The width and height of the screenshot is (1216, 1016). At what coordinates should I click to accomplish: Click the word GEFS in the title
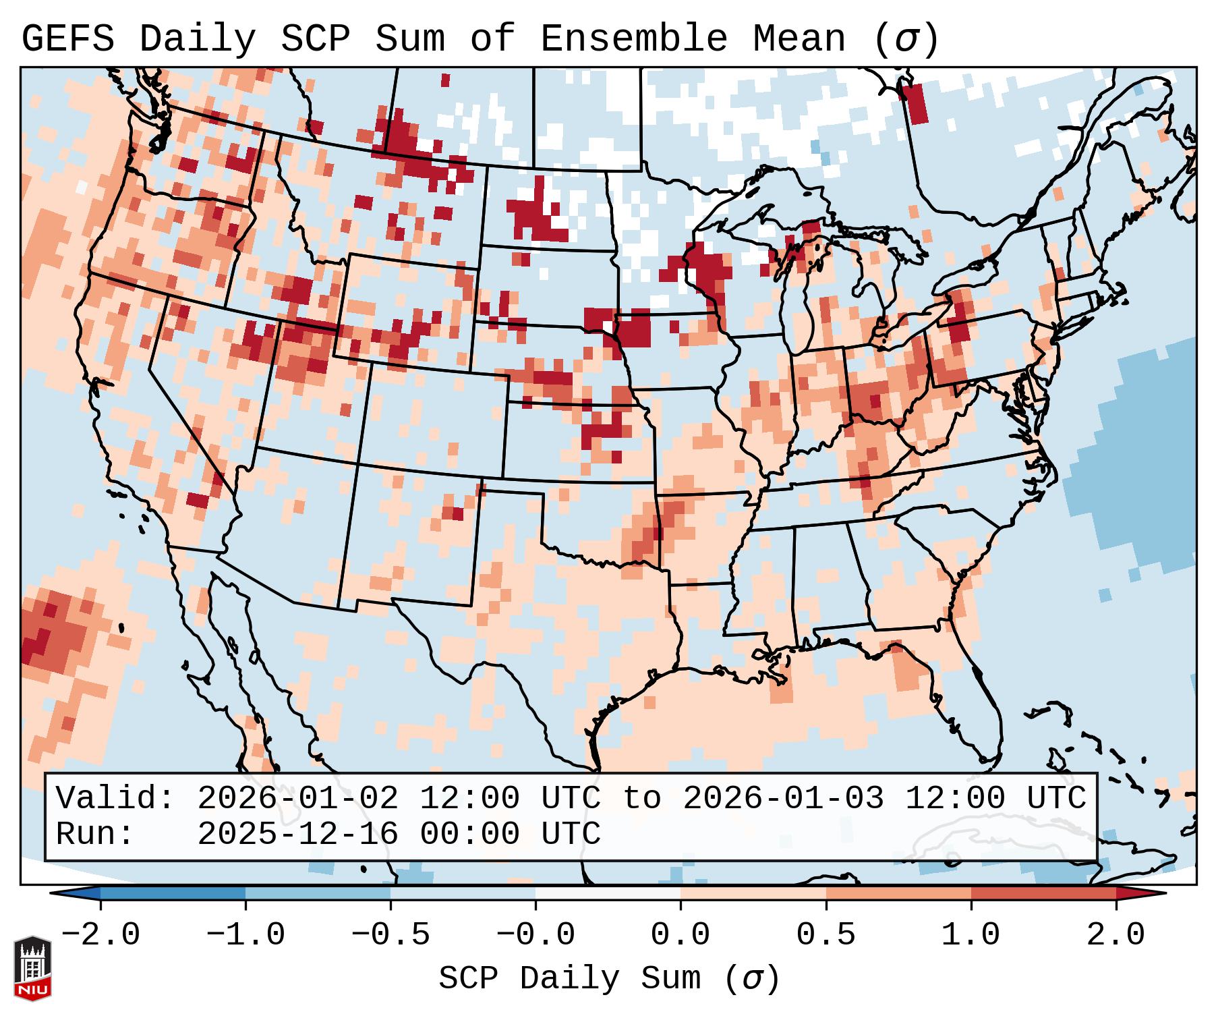68,39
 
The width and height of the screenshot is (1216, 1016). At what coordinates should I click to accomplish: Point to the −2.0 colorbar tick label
100,935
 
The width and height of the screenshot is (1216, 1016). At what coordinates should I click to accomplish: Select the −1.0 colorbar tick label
245,935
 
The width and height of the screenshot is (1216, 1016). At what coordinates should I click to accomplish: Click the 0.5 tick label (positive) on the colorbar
826,935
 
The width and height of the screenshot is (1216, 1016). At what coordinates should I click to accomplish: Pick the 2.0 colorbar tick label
1116,935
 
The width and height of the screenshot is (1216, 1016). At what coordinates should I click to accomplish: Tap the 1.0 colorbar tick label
971,935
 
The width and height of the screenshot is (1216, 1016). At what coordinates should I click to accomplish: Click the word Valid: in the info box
115,799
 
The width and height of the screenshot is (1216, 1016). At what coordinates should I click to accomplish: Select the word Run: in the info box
95,834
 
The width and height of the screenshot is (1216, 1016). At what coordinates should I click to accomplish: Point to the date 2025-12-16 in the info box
297,834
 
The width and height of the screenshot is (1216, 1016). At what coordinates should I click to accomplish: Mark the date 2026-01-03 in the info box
783,799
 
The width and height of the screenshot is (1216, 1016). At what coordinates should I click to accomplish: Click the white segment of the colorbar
608,893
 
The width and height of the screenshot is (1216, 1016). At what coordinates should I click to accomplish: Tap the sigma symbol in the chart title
906,39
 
